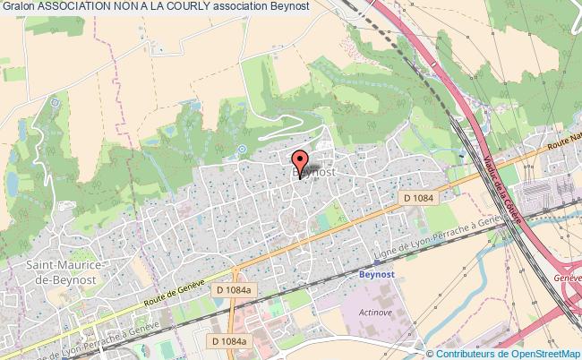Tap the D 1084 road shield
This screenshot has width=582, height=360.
(418, 197)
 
